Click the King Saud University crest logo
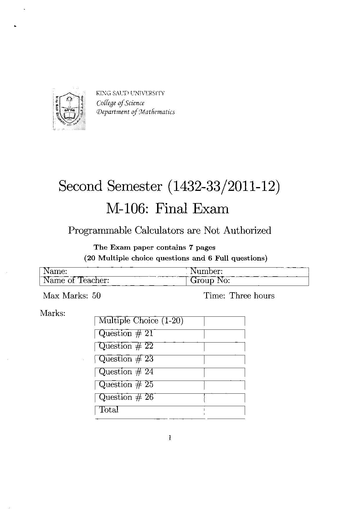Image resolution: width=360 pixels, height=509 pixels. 69,109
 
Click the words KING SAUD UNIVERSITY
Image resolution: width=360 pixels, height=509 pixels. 130,93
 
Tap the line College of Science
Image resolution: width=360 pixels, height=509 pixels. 120,103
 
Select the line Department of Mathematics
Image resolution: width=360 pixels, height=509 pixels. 136,112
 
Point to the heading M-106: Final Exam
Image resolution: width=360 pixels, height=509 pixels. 168,209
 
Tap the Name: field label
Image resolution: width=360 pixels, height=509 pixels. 55,271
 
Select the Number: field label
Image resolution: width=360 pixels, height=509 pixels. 206,271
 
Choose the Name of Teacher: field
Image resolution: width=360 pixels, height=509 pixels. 76,280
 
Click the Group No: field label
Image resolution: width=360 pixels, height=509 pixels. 210,280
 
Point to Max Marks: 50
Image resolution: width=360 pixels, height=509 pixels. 72,296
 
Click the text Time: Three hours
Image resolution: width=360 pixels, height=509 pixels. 239,296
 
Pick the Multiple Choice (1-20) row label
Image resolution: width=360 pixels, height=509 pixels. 141,321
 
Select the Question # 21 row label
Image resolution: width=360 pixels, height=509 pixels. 126,334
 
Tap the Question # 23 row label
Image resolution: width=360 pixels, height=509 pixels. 126,359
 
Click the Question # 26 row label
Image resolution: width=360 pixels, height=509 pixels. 126,397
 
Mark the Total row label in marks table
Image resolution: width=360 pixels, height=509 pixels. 109,410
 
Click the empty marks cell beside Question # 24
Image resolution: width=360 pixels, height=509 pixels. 224,372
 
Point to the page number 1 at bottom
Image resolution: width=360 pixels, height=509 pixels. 170,438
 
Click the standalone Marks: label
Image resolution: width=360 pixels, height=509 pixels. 53,313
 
